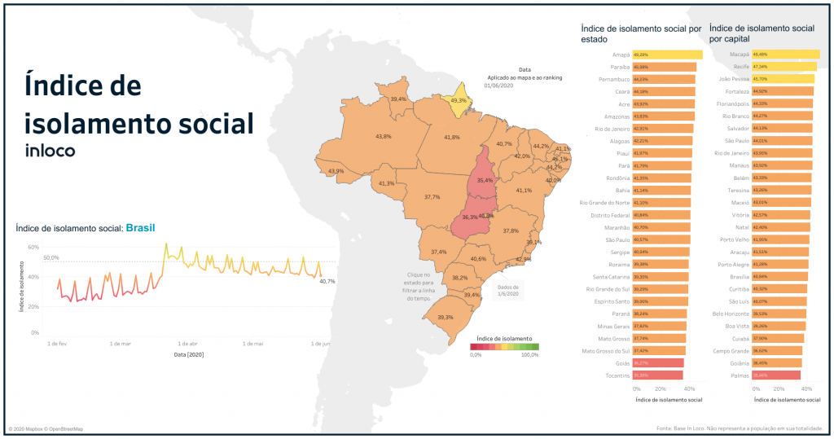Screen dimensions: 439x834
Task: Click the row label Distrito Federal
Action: pos(604,215)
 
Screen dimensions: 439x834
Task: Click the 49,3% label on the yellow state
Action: pos(459,100)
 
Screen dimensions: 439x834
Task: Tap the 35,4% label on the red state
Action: pos(485,181)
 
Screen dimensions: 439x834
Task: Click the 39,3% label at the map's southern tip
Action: pos(446,317)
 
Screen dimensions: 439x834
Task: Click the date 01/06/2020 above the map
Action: pos(498,85)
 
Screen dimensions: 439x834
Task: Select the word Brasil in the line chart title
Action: pos(139,229)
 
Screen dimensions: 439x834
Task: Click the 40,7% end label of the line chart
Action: pos(327,281)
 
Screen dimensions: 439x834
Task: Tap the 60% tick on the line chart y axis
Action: pos(33,246)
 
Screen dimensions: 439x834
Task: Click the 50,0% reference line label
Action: pos(51,257)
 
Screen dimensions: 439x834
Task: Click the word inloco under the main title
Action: pos(50,150)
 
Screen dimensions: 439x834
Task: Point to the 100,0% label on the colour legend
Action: pos(529,354)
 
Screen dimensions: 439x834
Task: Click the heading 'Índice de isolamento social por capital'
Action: pos(762,33)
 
